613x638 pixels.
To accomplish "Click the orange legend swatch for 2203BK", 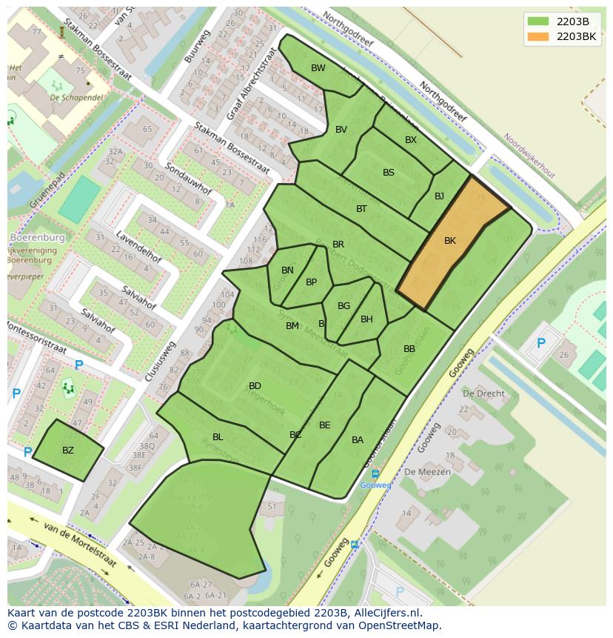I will click(538, 36).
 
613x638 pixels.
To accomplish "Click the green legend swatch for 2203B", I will click(538, 21).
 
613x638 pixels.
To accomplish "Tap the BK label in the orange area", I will click(450, 241).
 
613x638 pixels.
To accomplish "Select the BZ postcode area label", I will click(68, 451).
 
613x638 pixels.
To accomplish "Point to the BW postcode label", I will click(318, 68).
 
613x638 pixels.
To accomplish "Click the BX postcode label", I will click(411, 140).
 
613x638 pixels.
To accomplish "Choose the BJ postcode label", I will click(439, 196).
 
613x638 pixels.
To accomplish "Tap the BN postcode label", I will click(287, 270).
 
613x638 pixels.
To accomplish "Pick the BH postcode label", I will click(366, 319).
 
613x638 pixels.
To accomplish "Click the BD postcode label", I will click(255, 386).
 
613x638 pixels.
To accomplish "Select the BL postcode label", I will click(218, 437).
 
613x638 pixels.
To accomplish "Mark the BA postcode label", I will click(358, 440).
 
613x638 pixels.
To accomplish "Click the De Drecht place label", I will click(483, 393).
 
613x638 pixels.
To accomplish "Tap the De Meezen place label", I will click(422, 471).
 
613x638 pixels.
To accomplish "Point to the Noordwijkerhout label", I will click(529, 156).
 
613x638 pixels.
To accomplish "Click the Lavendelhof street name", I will click(138, 247).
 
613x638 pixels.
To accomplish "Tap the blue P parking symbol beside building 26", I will click(541, 343).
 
